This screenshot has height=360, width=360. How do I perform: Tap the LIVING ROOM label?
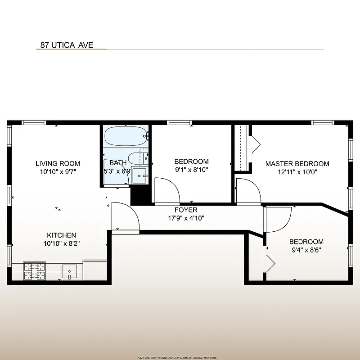[58, 164]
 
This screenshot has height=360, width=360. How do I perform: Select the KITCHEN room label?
[62, 235]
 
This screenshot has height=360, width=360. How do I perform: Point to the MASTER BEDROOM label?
[297, 164]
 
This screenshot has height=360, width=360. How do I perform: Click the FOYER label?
[186, 210]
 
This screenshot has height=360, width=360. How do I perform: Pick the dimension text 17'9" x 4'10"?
[186, 219]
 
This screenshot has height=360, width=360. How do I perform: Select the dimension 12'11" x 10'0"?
[297, 172]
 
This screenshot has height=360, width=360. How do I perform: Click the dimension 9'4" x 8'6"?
[306, 250]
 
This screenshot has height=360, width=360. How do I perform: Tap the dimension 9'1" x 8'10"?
[191, 170]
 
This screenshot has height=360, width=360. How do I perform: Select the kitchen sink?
[70, 272]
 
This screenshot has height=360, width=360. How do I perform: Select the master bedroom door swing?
[248, 190]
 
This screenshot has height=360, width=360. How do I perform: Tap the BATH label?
[118, 163]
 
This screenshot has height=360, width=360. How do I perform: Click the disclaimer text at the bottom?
[180, 357]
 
